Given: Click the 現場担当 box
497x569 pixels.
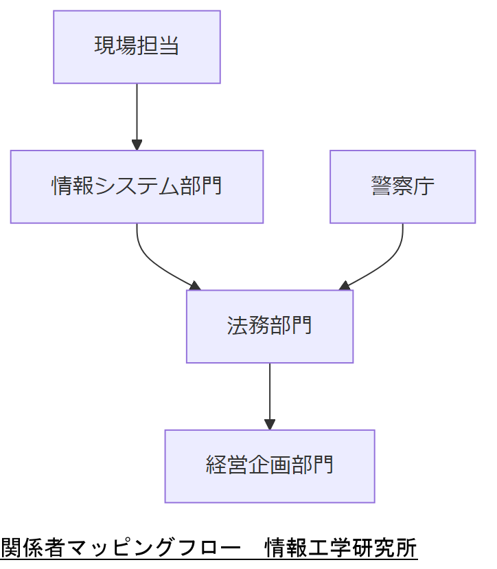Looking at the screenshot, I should [x=137, y=47].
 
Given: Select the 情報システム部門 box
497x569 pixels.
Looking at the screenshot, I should [x=137, y=187].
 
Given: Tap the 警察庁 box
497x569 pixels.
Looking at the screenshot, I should [x=402, y=187].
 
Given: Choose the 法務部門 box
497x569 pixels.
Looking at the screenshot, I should [x=270, y=326].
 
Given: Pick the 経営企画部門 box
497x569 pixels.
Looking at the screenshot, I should [x=270, y=466].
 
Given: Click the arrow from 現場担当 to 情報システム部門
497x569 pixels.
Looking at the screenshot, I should [x=137, y=113].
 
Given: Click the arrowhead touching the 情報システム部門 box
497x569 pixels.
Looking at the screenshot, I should [x=137, y=145].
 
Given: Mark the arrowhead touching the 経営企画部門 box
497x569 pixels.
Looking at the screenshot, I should [x=270, y=425].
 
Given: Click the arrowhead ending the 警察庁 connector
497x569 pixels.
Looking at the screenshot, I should [x=345, y=285].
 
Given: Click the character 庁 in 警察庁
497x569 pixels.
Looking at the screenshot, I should [x=424, y=187].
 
